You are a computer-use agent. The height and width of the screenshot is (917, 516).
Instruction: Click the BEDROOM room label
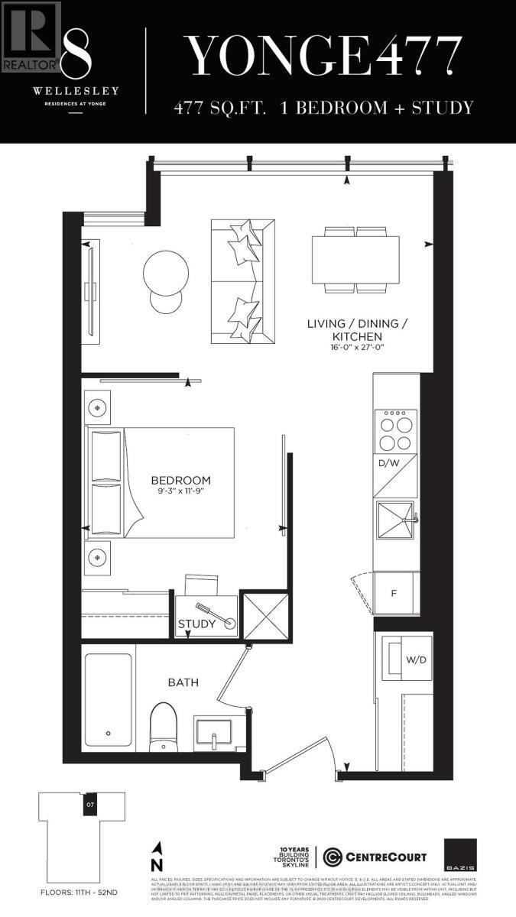coord(180,480)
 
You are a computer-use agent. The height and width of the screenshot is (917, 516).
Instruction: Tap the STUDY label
coord(197,624)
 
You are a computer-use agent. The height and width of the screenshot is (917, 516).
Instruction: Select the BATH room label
coord(183,681)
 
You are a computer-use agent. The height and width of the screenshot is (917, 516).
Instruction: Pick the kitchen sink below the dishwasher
coord(394,520)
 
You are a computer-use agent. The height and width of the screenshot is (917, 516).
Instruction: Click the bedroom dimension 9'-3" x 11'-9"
coord(180,493)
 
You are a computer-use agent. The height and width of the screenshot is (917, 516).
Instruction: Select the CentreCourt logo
coord(375,857)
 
